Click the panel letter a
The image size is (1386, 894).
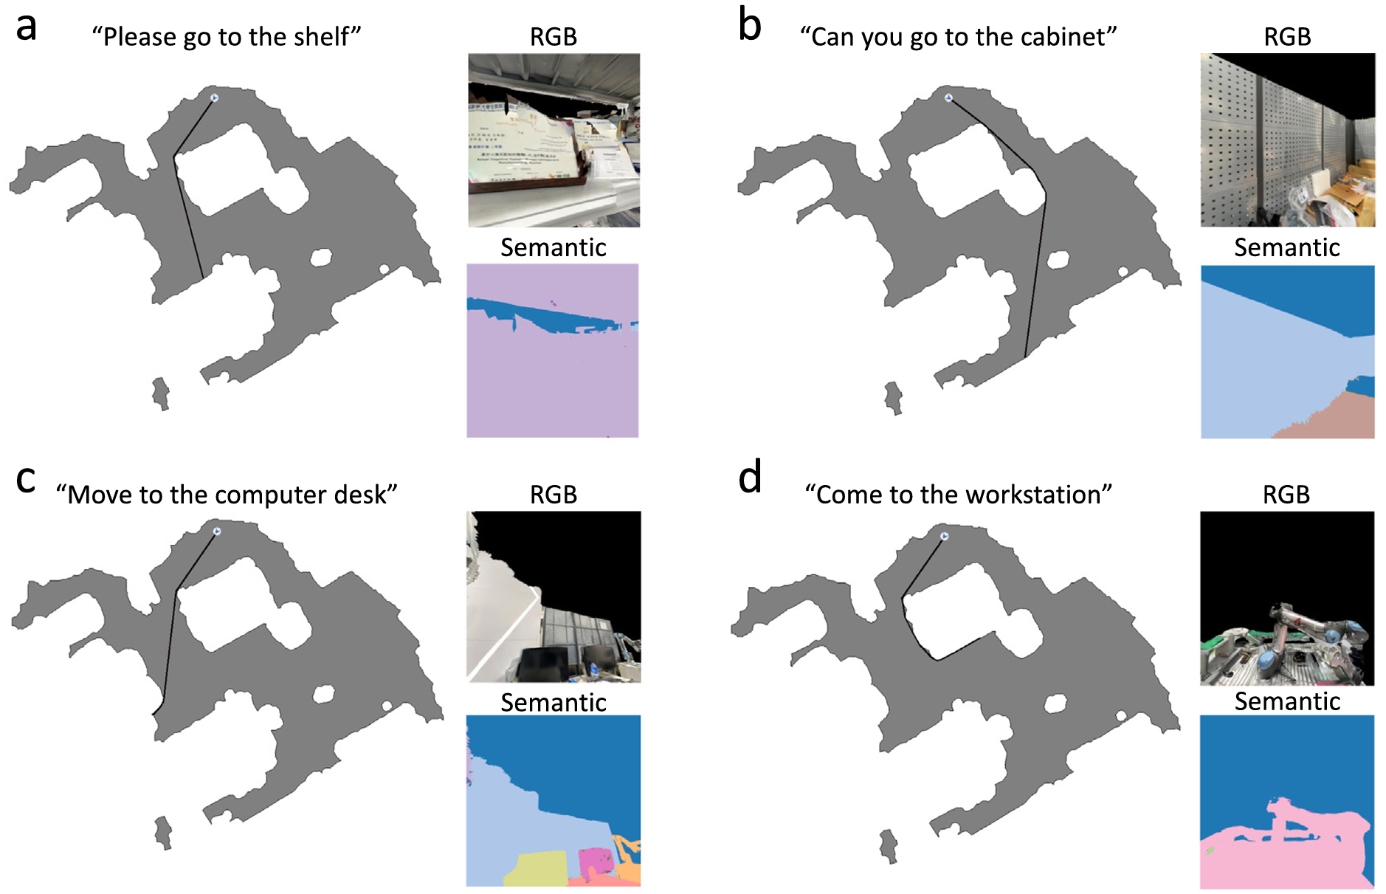(26, 28)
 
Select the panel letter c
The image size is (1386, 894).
(25, 481)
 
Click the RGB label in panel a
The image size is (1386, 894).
(554, 37)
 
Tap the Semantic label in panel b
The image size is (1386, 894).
(1286, 247)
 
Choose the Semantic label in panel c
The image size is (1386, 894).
(554, 703)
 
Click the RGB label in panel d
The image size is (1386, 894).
(1286, 495)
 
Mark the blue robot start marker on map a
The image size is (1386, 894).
(214, 97)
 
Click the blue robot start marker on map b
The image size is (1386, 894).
(948, 97)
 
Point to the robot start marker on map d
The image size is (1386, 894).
(944, 537)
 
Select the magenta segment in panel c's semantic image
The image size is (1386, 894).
(595, 862)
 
